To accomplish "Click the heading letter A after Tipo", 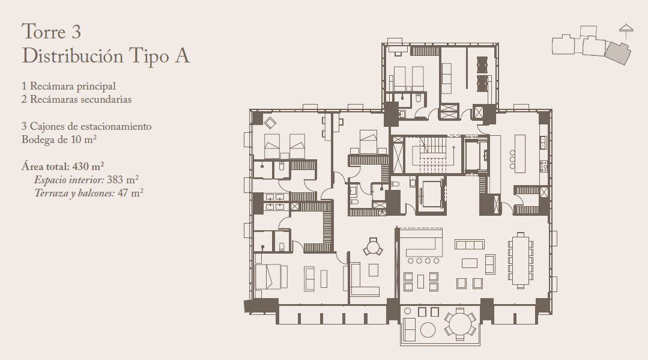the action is click(x=182, y=56).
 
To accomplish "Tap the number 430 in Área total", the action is click(x=80, y=166).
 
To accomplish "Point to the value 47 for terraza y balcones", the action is click(x=123, y=193).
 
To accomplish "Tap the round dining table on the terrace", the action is click(x=460, y=324).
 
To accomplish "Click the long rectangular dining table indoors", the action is click(x=520, y=260).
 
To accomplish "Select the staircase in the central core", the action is click(x=433, y=155).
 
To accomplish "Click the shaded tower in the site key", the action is click(x=618, y=53).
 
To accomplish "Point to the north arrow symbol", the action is click(x=626, y=31).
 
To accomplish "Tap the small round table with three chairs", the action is click(x=373, y=248).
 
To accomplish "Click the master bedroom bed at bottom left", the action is click(x=271, y=277).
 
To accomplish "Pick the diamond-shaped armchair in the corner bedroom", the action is click(x=270, y=123).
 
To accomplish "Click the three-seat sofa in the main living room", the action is click(x=470, y=244).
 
